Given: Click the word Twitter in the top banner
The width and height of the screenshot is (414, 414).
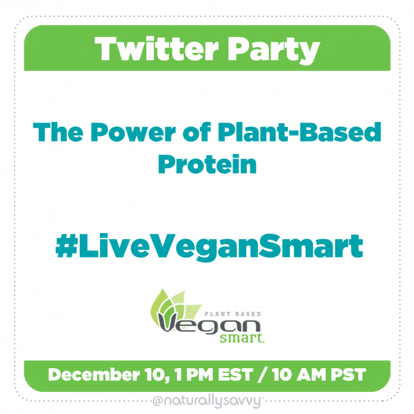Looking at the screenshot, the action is pyautogui.click(x=157, y=49).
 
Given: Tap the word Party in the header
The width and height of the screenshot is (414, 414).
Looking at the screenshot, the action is pyautogui.click(x=274, y=51).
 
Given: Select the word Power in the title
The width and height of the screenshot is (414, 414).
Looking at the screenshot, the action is pyautogui.click(x=133, y=132).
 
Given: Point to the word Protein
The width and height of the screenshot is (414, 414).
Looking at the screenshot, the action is pyautogui.click(x=207, y=164).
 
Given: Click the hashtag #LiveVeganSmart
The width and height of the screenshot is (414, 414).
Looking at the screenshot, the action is pyautogui.click(x=209, y=247).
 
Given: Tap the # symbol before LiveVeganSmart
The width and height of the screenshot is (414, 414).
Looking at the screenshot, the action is pyautogui.click(x=67, y=246).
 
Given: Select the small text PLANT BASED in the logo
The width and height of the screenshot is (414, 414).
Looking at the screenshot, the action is pyautogui.click(x=233, y=314).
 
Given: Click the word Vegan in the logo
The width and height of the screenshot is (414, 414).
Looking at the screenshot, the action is pyautogui.click(x=209, y=324).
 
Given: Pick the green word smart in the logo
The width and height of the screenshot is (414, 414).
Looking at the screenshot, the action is pyautogui.click(x=242, y=338).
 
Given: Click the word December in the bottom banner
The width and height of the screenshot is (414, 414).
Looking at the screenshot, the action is pyautogui.click(x=94, y=374).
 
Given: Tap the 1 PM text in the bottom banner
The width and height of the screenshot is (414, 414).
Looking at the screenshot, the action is pyautogui.click(x=194, y=374).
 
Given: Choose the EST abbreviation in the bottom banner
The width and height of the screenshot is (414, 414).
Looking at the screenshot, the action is pyautogui.click(x=236, y=374).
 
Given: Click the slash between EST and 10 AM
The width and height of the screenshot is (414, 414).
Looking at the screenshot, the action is pyautogui.click(x=262, y=375).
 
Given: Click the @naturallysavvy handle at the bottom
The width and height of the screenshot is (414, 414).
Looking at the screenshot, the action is pyautogui.click(x=207, y=402).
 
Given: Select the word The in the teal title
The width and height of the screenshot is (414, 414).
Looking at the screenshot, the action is pyautogui.click(x=58, y=132).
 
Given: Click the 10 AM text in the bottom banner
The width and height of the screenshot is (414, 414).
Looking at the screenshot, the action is pyautogui.click(x=299, y=374).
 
